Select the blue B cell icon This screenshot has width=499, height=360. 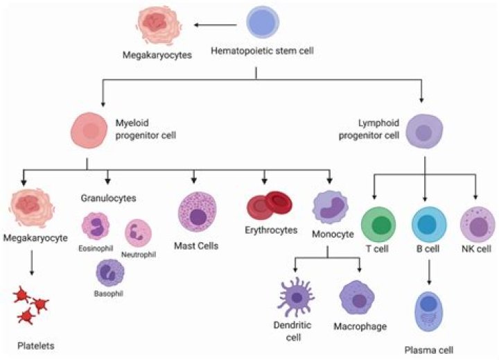428,224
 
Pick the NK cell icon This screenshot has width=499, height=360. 477,224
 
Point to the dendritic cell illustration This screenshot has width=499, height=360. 296,298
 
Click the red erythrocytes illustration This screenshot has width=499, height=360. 270,206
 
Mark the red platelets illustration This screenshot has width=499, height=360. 31,306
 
